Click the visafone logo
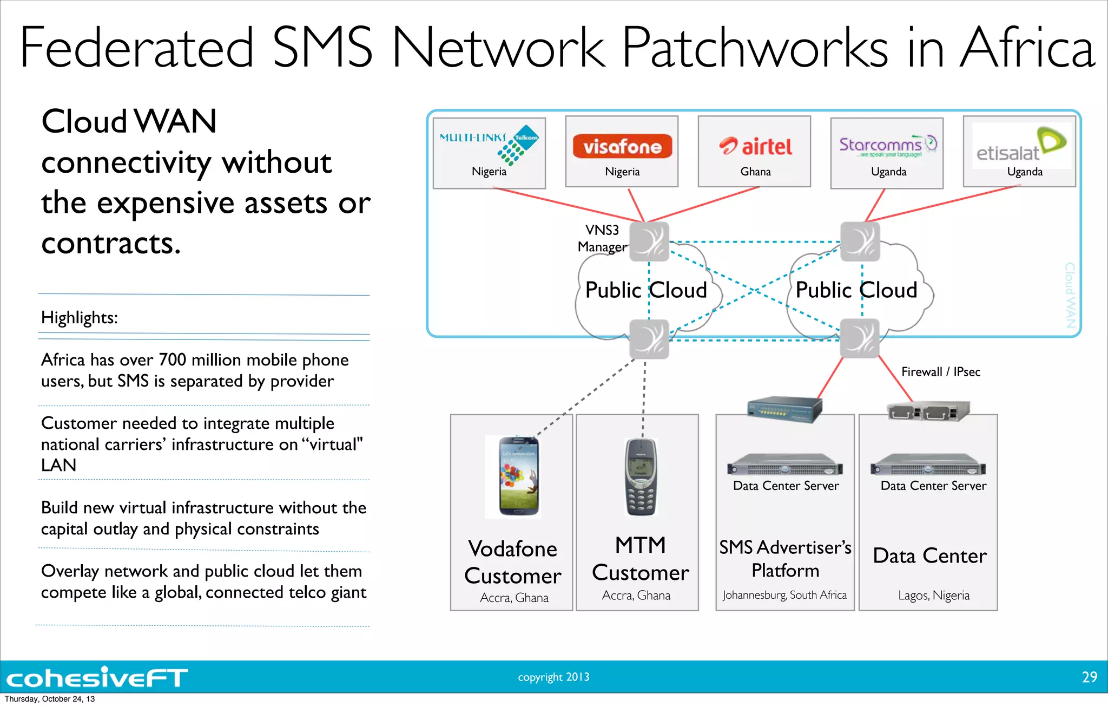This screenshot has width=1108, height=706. tap(622, 146)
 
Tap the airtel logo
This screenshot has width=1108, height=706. tap(755, 146)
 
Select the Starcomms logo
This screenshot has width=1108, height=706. tap(887, 145)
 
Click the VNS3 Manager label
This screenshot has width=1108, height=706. tap(602, 238)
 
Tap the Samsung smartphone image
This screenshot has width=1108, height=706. tap(518, 476)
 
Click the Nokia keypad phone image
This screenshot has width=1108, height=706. tap(641, 476)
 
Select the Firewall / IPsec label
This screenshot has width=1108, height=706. tap(940, 371)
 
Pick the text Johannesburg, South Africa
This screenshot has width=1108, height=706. tap(784, 595)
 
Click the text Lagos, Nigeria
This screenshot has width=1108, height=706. tap(934, 596)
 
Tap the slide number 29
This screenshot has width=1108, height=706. tap(1089, 677)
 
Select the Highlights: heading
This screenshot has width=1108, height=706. tap(80, 317)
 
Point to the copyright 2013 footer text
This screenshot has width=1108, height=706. tap(553, 677)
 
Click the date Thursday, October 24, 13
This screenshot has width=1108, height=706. tap(50, 699)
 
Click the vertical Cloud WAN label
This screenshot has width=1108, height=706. tap(1070, 295)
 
